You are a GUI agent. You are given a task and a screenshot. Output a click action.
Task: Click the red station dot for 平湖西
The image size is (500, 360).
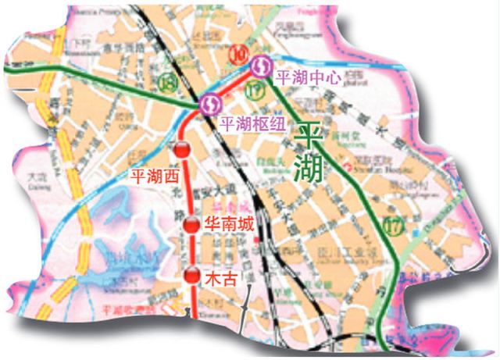point(182,150)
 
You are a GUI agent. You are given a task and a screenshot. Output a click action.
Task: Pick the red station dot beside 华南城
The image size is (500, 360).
point(191,226)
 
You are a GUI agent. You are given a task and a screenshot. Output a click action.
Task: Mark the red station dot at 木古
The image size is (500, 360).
point(192,275)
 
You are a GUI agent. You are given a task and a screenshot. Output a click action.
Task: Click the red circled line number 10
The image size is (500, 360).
point(239,54)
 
